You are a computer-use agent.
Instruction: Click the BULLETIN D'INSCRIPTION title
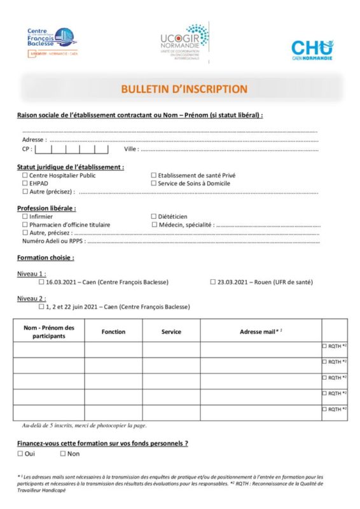[184, 89]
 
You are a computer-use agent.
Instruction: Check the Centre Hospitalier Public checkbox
[25, 175]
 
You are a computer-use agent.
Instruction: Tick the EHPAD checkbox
[25, 183]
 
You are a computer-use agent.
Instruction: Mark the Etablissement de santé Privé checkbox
[153, 175]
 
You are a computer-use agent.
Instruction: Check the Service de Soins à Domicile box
[153, 183]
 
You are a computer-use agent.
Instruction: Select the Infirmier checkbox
[25, 216]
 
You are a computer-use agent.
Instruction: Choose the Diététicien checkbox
[153, 216]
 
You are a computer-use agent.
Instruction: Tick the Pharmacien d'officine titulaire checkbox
[25, 225]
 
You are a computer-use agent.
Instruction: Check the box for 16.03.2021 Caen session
[42, 282]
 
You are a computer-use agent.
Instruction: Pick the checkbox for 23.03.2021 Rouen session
[213, 282]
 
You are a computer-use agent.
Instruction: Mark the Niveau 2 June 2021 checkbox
[42, 306]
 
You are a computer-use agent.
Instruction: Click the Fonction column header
[113, 331]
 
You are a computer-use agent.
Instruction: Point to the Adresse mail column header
[260, 331]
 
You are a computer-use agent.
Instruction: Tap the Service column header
[171, 331]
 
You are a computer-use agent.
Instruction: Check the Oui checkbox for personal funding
[20, 454]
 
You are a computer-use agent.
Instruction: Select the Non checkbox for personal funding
[63, 454]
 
